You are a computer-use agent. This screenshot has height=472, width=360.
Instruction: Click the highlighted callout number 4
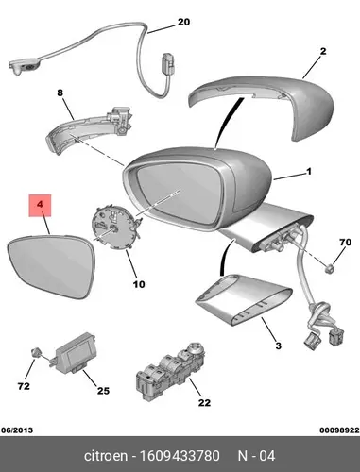click(40, 205)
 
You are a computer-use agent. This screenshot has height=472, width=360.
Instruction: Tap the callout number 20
click(183, 22)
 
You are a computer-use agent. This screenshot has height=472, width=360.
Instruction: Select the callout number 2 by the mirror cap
click(323, 51)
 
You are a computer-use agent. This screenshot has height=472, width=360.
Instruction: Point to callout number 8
click(60, 93)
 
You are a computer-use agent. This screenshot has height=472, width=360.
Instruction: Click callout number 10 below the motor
click(139, 284)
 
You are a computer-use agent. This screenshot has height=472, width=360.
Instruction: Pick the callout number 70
click(345, 243)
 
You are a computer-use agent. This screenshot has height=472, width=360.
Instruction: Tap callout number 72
click(24, 386)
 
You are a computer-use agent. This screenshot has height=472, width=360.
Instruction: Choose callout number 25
click(103, 391)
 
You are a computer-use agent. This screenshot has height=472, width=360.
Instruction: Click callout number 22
click(204, 403)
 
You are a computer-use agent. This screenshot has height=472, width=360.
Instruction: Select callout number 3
click(278, 346)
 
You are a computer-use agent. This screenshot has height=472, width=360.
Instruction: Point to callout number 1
click(309, 172)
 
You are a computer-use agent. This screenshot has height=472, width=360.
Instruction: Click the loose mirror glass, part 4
click(50, 267)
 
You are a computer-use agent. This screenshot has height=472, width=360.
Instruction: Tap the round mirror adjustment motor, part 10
click(116, 228)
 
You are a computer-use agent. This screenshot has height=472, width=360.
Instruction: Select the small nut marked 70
click(330, 268)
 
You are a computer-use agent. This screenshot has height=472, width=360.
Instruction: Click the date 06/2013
click(17, 430)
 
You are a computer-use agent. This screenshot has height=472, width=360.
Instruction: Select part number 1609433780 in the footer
click(180, 456)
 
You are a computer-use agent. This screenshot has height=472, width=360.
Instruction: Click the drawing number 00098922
click(339, 430)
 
